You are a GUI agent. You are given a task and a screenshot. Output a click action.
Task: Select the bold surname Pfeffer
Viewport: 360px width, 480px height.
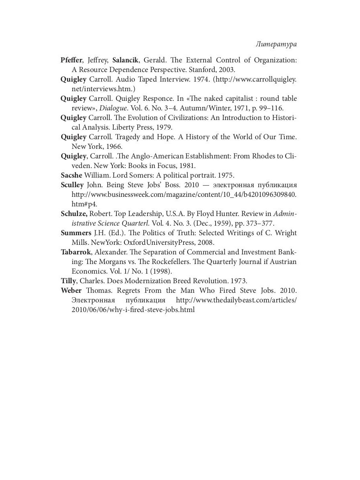coord(71,60)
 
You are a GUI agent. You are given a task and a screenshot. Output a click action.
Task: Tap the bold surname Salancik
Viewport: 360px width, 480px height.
coord(125,60)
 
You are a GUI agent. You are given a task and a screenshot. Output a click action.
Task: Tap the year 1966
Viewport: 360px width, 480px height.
coord(102,146)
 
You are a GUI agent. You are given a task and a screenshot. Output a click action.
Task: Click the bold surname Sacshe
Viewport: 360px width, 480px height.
coord(71,175)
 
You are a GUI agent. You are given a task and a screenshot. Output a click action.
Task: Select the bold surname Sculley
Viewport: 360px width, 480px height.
coord(72,185)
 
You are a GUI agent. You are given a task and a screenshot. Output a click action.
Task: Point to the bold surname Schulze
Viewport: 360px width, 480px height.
coord(73,214)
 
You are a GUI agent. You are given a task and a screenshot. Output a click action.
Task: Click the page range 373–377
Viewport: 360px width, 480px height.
coord(260,223)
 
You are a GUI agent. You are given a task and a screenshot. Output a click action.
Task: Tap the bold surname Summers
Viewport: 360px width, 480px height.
coord(76,233)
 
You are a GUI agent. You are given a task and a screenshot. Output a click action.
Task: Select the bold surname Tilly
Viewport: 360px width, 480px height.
coord(68,281)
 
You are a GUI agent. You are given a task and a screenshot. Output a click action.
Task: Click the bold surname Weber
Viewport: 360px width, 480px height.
coord(71,290)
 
